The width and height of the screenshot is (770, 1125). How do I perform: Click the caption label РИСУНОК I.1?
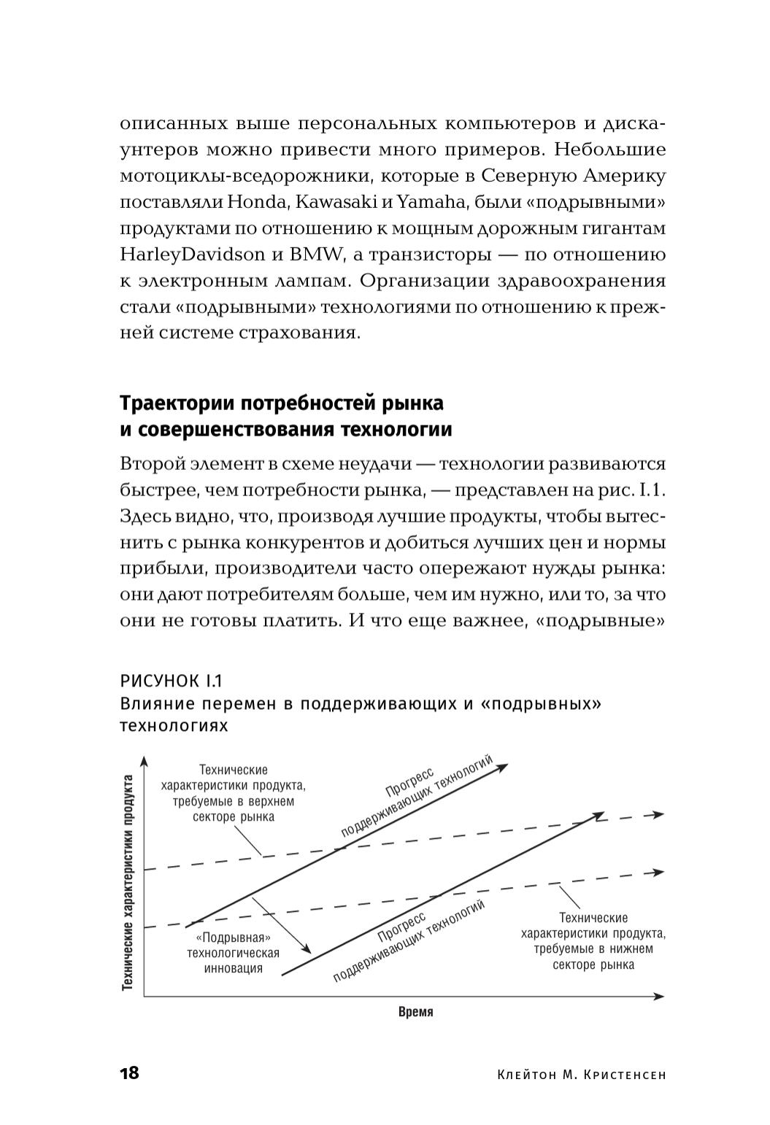(171, 682)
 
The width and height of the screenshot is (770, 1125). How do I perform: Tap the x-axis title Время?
(416, 1012)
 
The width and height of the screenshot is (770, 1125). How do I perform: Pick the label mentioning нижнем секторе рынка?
(593, 941)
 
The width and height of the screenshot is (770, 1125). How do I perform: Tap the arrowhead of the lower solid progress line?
(600, 814)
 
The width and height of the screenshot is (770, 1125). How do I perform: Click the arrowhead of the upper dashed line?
(658, 814)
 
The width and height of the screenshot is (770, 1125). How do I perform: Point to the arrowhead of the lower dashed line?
(658, 872)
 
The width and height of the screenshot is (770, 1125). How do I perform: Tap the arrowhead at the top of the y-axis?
(145, 763)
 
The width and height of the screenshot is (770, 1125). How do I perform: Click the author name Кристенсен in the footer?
(626, 1075)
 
